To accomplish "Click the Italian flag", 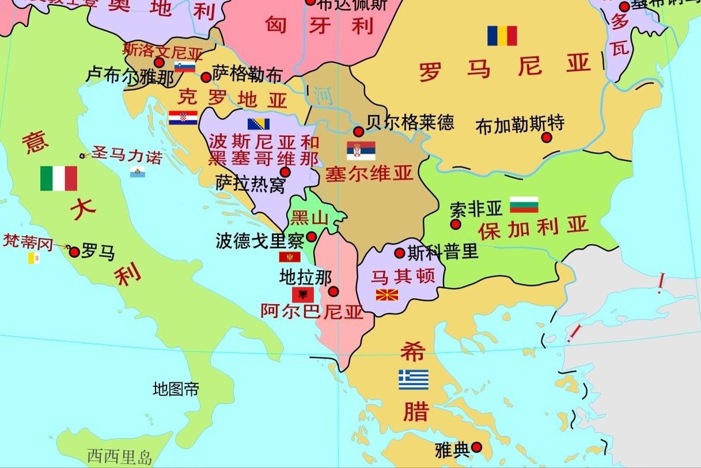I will (x=59, y=178).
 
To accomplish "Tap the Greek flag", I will (x=414, y=379).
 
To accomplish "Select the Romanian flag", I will (x=502, y=36).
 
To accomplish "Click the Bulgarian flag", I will (x=524, y=204).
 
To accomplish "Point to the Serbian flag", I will (x=361, y=151).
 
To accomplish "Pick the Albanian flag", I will (x=303, y=295).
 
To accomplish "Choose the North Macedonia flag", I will (x=387, y=295).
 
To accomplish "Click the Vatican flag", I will (x=34, y=258).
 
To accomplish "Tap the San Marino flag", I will (x=138, y=172).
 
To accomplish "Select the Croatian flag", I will (x=183, y=118).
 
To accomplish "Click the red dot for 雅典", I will (x=476, y=447).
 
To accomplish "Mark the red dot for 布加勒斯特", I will (x=547, y=138).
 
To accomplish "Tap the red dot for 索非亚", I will (x=456, y=224).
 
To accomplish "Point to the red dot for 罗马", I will (x=74, y=252).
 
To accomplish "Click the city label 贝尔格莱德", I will (x=410, y=122).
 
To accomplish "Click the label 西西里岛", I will (x=120, y=458).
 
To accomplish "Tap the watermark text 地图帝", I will (x=176, y=389).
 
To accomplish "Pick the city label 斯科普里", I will (x=443, y=252).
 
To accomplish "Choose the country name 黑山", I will (x=310, y=218).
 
